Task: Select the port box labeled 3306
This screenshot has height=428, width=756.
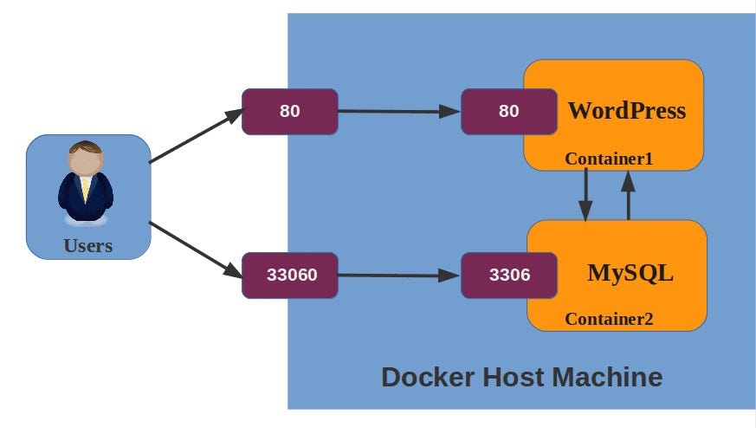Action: pos(508,276)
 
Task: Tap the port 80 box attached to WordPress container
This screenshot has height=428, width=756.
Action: pos(508,111)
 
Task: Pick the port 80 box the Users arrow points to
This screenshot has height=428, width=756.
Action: pos(289,111)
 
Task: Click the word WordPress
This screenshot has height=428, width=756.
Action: pos(626,111)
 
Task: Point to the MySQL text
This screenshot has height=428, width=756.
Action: pos(630,273)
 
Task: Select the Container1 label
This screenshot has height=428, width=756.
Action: pos(608,159)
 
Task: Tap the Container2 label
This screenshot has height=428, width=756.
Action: pos(609,319)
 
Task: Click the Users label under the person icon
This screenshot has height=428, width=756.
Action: pos(88,245)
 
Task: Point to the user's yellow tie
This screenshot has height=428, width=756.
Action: pos(86,189)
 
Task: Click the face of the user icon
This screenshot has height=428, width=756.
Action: pos(85,163)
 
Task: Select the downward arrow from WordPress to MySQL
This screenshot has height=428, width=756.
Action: pos(585,194)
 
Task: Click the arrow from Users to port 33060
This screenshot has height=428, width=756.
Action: pos(196,250)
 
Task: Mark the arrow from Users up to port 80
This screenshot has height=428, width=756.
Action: pos(196,136)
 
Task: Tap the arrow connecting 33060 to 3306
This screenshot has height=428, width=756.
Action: pos(398,276)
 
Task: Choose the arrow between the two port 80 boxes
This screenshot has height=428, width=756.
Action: pos(398,111)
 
